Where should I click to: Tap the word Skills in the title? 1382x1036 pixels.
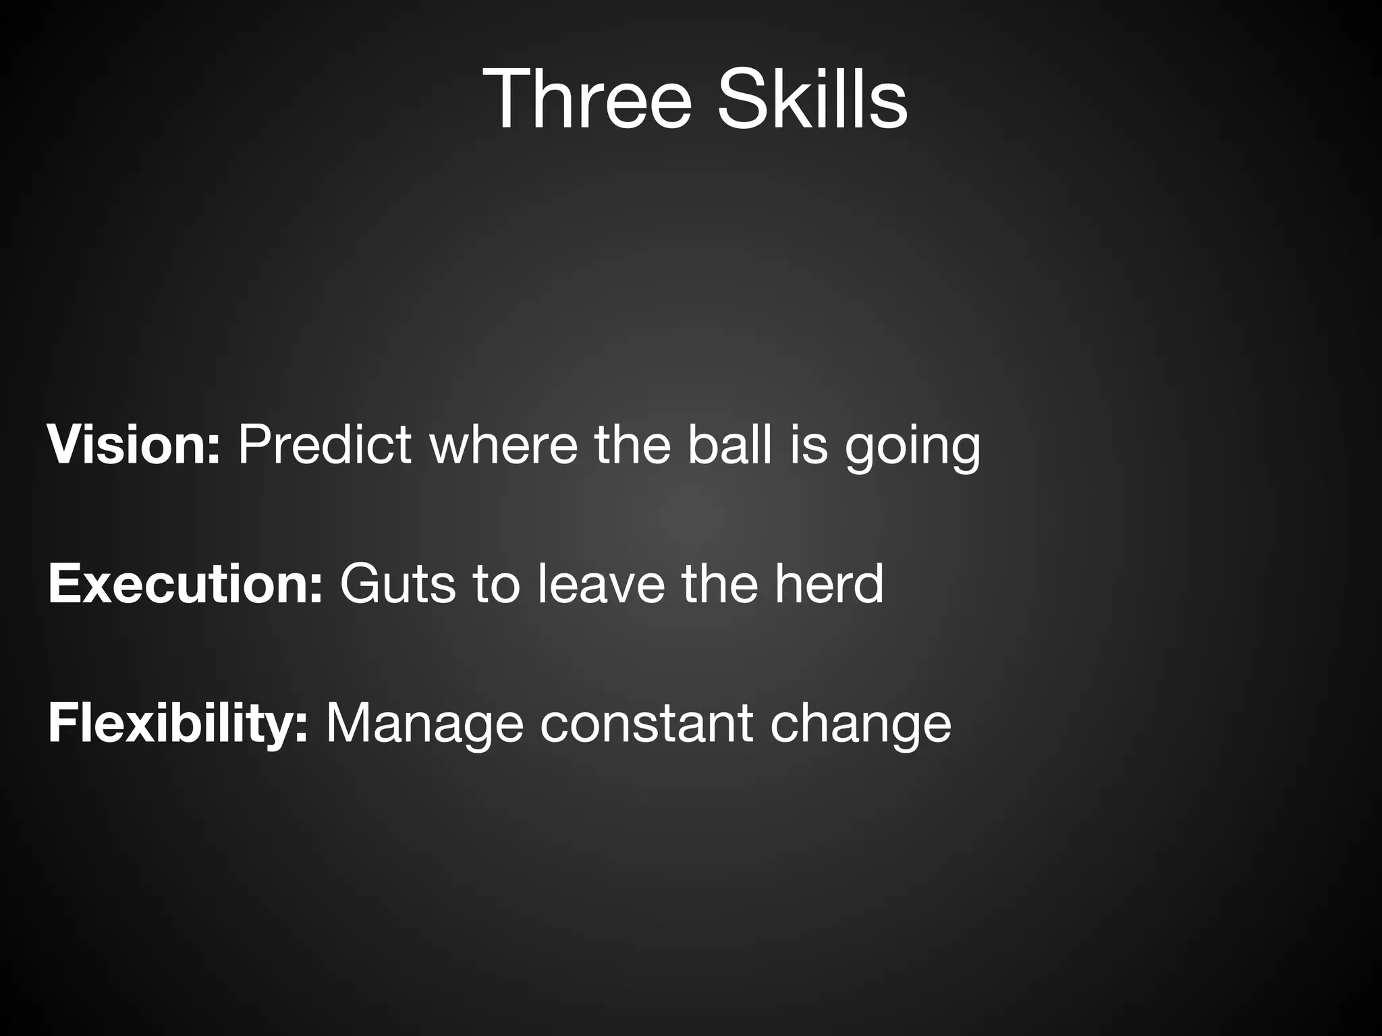click(x=812, y=99)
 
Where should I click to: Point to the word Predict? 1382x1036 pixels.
click(x=325, y=445)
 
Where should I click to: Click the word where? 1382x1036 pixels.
click(x=503, y=445)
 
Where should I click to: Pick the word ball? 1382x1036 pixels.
click(x=729, y=445)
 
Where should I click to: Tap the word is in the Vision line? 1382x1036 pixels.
click(x=808, y=445)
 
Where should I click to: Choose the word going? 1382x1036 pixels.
click(x=912, y=449)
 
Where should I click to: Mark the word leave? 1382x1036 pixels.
click(x=601, y=583)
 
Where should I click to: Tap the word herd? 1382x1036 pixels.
click(x=829, y=583)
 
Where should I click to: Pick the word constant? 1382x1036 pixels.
click(x=646, y=723)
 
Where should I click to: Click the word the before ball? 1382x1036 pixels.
click(x=632, y=445)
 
